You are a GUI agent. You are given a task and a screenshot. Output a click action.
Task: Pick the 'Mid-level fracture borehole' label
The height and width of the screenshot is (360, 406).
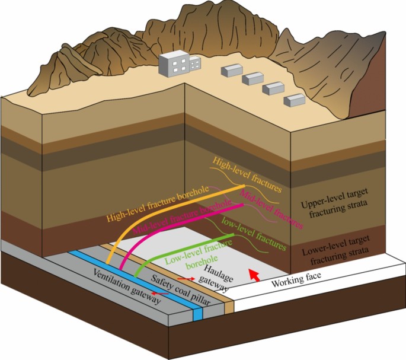point(181,218)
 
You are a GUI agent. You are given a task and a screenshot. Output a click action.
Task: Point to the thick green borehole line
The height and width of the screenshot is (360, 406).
point(178,250)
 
